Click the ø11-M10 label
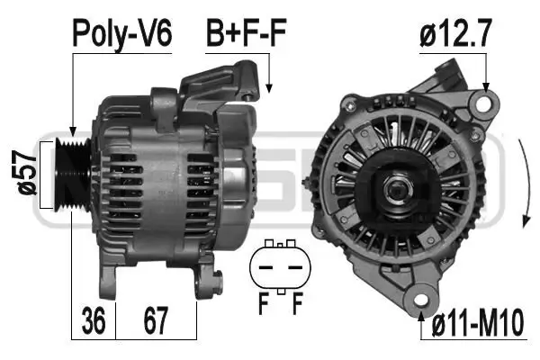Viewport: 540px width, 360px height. coord(478,322)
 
